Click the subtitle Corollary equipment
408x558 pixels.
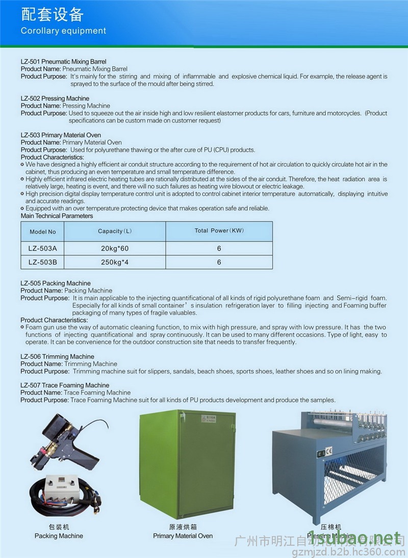coord(63,31)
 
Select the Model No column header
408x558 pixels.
coord(43,232)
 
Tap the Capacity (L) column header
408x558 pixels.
coord(115,231)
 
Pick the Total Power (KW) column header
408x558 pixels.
coord(219,230)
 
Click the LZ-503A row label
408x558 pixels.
coord(43,249)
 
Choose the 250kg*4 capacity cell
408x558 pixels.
coord(115,262)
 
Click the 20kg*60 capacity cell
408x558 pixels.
coord(115,249)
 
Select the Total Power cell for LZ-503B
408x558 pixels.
coord(219,262)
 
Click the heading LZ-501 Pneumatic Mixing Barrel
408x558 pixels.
coord(63,61)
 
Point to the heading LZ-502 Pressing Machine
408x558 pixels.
coord(55,98)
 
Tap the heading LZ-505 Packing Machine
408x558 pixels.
coord(56,283)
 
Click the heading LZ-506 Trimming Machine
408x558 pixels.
coord(57,357)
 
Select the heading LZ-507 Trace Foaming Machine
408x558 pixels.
coord(65,385)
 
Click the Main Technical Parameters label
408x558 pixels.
coord(57,216)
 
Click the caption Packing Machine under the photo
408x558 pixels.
coord(59,536)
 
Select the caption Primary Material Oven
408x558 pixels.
coord(183,536)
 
